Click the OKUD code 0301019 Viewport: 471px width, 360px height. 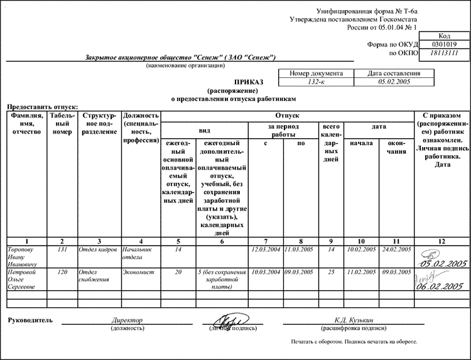(x=449, y=45)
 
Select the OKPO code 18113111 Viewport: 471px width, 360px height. (x=449, y=55)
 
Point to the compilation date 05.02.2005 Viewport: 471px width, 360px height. (x=394, y=82)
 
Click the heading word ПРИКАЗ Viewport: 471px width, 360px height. (x=249, y=82)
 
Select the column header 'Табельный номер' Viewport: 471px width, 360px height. (x=62, y=124)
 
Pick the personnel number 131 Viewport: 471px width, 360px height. (x=62, y=249)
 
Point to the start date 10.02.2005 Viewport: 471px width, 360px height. (x=361, y=249)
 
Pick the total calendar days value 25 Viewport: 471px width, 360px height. (x=332, y=273)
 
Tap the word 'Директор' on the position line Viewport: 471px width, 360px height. (x=127, y=320)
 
